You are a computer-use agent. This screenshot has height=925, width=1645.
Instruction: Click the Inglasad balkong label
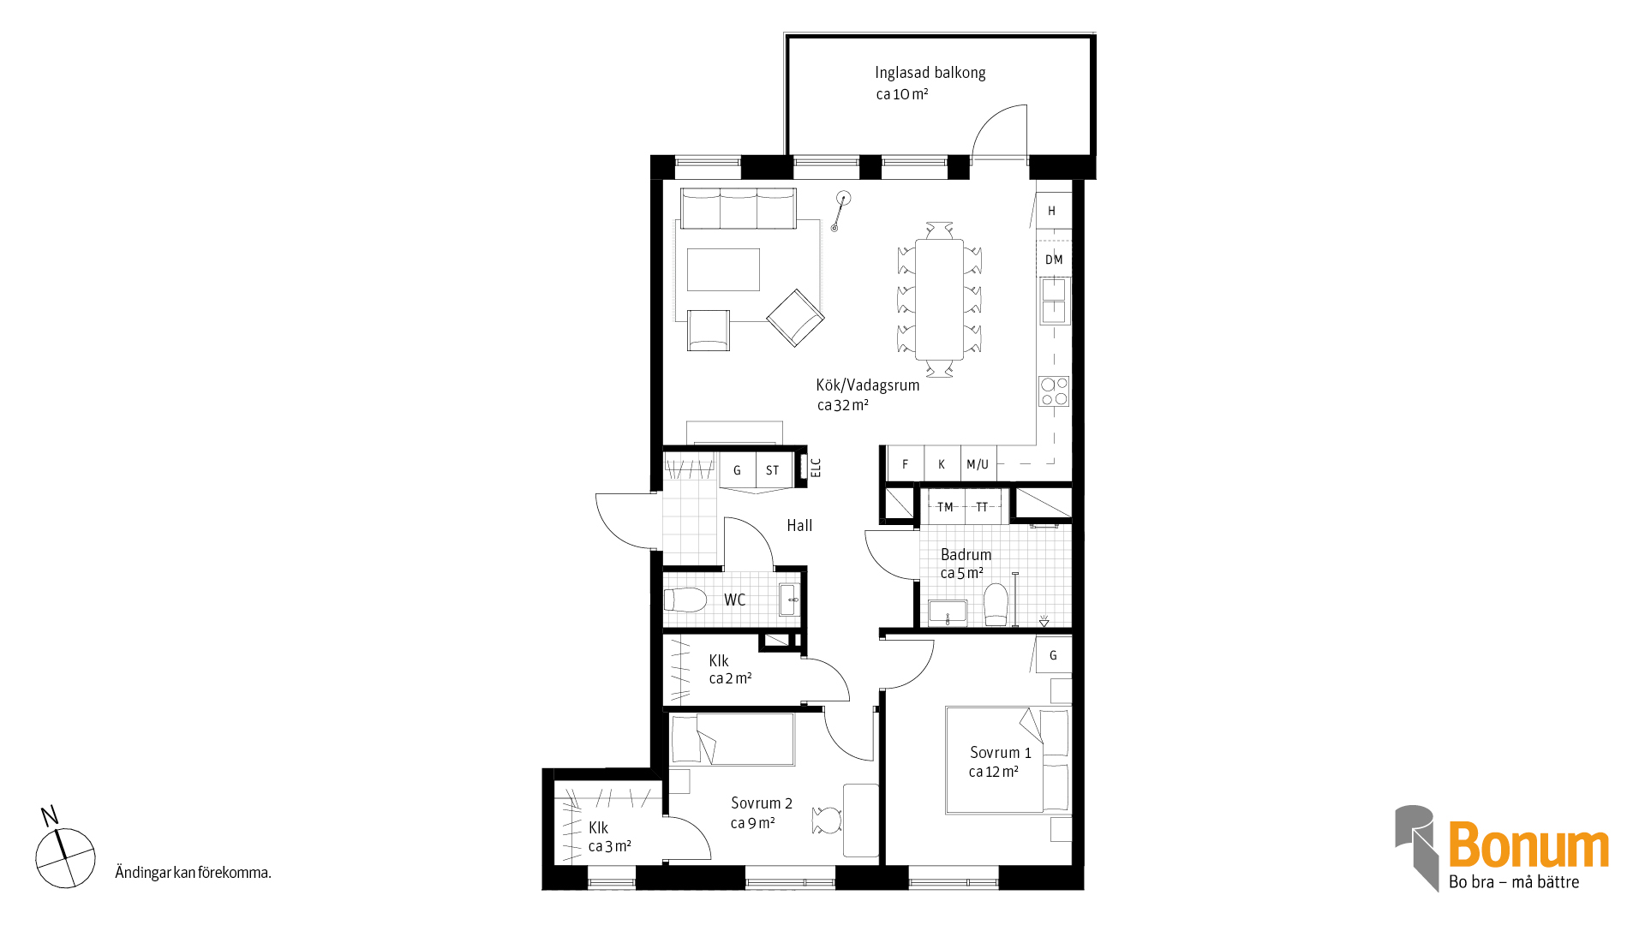(930, 74)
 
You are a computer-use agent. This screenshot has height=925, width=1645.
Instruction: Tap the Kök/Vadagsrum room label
(868, 385)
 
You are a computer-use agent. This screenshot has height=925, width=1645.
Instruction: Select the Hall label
(799, 526)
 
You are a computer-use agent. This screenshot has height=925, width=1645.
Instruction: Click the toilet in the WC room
(685, 600)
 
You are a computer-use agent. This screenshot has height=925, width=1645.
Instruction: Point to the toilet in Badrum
(996, 605)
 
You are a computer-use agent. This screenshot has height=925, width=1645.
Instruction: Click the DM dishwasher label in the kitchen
(1054, 260)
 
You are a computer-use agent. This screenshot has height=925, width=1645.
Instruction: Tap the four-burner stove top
(1054, 391)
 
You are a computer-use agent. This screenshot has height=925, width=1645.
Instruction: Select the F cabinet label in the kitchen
(905, 464)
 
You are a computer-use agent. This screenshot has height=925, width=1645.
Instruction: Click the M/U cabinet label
(978, 464)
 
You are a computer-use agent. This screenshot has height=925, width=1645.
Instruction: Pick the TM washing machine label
(945, 507)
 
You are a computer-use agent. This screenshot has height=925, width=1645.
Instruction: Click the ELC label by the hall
(816, 468)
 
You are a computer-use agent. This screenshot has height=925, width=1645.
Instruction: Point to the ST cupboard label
(773, 470)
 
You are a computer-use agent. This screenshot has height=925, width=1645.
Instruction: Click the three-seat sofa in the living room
(739, 208)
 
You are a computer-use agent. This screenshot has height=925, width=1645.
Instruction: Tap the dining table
(939, 299)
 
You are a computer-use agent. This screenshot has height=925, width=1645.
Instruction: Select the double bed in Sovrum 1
(1008, 760)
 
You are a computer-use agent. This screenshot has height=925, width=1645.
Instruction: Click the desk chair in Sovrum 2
(828, 821)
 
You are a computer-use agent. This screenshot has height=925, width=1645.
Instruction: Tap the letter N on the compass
(50, 815)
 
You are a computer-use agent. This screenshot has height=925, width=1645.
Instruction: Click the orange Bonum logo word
(1528, 845)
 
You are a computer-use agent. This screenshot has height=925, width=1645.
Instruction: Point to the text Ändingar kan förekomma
(193, 873)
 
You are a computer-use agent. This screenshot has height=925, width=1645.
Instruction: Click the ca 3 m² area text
(610, 847)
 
